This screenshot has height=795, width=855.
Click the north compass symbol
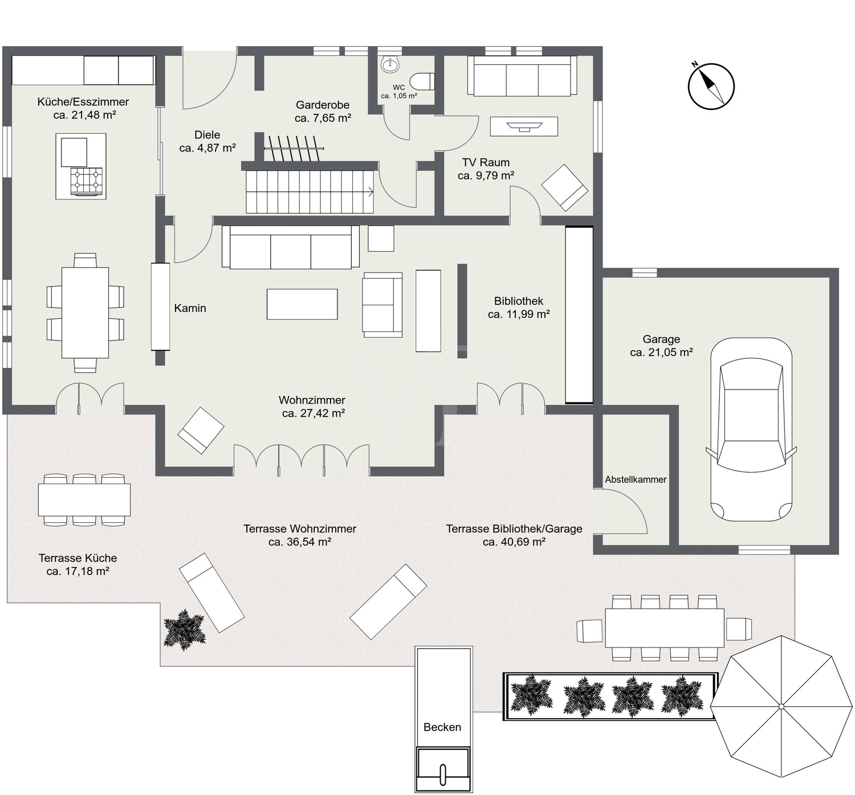pyautogui.click(x=711, y=86)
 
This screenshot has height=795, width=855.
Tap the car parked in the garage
pyautogui.click(x=751, y=430)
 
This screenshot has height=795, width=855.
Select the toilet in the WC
pyautogui.click(x=422, y=81)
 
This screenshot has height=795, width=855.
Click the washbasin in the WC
pyautogui.click(x=390, y=65)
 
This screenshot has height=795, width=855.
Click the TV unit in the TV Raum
pyautogui.click(x=524, y=126)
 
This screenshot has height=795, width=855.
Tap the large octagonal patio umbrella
pyautogui.click(x=781, y=706)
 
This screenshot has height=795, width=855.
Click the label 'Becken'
pyautogui.click(x=442, y=727)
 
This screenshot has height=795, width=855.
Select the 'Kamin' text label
pyautogui.click(x=190, y=308)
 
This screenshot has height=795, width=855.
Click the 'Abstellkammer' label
pyautogui.click(x=636, y=480)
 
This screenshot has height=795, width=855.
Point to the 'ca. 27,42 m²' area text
pyautogui.click(x=313, y=413)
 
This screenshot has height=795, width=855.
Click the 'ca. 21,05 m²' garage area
pyautogui.click(x=661, y=353)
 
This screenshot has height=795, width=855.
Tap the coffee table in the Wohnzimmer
pyautogui.click(x=302, y=304)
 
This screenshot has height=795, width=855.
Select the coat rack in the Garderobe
pyautogui.click(x=294, y=149)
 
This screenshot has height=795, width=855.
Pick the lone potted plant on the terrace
pyautogui.click(x=184, y=629)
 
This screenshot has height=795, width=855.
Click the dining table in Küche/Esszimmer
pyautogui.click(x=85, y=313)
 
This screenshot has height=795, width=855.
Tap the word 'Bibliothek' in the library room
pyautogui.click(x=518, y=301)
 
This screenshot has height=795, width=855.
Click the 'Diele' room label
pyautogui.click(x=207, y=134)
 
